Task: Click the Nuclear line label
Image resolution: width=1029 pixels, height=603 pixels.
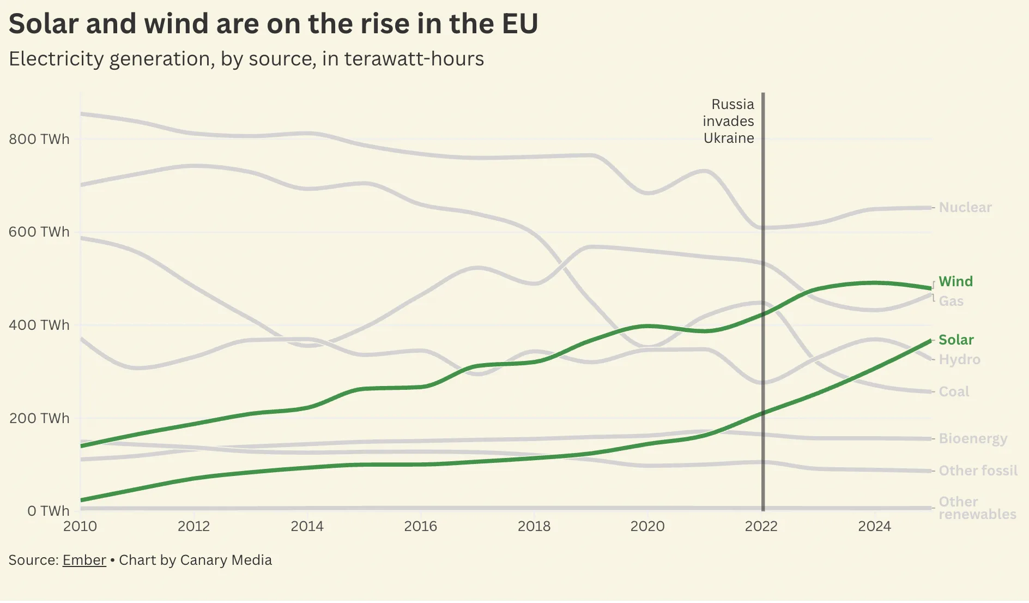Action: coord(965,208)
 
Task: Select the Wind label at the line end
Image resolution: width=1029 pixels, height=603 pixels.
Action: coord(955,281)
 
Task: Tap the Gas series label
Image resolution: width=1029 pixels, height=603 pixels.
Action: coord(951,301)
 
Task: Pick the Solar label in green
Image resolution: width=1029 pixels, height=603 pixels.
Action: coord(956,340)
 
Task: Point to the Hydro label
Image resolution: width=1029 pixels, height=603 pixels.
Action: coord(959,359)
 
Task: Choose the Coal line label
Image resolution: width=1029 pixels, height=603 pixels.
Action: coord(954,391)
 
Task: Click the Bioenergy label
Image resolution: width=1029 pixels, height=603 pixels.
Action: coord(973,438)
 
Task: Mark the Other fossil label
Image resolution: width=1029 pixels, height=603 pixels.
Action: coord(978,471)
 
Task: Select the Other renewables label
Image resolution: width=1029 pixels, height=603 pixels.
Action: coord(977,508)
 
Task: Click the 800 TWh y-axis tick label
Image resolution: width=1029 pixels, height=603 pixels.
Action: coord(39,139)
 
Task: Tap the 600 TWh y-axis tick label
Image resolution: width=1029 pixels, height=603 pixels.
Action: coord(39,232)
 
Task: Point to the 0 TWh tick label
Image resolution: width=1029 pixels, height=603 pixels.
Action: coord(49,511)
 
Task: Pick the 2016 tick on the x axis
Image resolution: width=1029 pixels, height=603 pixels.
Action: coord(420,526)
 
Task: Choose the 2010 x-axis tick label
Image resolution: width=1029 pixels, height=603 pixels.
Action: coord(80,526)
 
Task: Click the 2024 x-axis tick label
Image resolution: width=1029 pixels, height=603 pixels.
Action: coord(874,526)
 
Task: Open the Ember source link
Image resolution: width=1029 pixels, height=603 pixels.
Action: coord(84,560)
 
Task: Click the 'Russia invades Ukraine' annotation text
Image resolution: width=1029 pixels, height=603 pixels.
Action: coord(729,121)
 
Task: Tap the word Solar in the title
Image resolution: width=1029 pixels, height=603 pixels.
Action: coord(44,24)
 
